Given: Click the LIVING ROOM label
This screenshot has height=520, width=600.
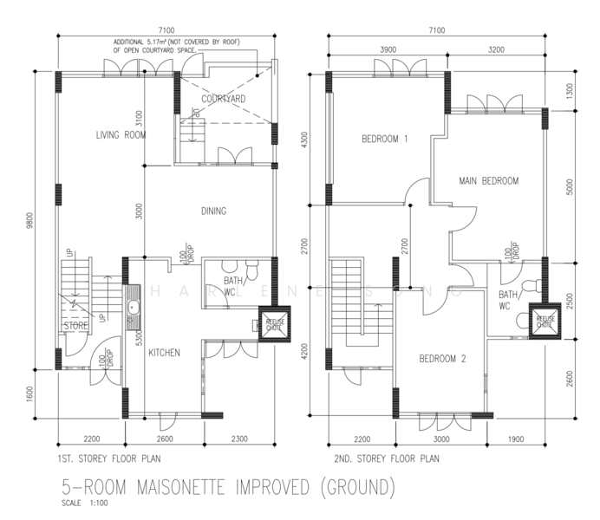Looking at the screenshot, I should point(121,135).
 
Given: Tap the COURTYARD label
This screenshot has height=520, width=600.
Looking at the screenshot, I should point(223,100).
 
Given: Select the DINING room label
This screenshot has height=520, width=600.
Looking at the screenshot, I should point(214,211).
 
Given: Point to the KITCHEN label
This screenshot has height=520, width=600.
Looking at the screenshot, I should point(164,353).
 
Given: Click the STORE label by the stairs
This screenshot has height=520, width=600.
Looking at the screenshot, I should point(75,326).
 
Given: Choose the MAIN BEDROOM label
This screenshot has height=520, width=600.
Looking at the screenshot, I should point(488,181).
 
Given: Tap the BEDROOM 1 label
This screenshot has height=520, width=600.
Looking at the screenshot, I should point(384,139).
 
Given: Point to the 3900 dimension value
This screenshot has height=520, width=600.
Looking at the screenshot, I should point(388,50).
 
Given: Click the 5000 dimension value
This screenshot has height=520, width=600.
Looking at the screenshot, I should point(570,186).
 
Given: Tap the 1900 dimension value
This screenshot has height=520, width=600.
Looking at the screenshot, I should point(518,439).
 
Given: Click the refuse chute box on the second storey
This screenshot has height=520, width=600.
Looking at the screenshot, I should point(545,320).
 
